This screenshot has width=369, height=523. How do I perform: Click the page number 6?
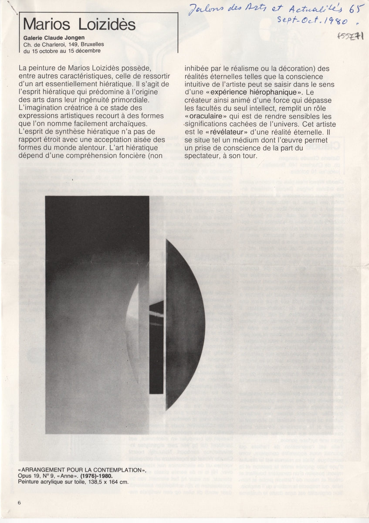tap(20, 503)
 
